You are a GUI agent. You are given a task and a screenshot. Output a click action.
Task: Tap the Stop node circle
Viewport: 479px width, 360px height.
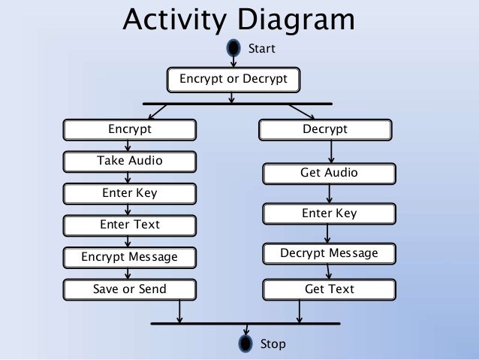(246, 344)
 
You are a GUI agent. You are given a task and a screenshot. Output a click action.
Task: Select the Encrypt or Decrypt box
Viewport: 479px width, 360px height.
(233, 78)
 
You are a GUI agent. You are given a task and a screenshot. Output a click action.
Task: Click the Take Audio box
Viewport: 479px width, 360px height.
(129, 161)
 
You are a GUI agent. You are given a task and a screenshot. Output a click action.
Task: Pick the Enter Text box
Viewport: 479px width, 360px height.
(129, 225)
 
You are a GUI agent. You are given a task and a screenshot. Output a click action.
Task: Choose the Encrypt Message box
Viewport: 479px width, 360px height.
(129, 257)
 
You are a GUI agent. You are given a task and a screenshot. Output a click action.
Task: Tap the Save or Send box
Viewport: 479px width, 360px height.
(129, 289)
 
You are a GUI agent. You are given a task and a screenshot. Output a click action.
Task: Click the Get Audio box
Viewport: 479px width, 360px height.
(329, 174)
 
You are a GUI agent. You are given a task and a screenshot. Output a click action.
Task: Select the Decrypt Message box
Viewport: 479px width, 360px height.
(329, 253)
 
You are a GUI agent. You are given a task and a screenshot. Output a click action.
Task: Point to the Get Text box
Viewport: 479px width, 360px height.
(329, 289)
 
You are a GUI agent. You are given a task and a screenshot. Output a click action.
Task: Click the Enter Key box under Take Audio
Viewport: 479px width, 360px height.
(129, 193)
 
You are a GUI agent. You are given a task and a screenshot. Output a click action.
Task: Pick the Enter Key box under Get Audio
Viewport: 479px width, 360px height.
(329, 213)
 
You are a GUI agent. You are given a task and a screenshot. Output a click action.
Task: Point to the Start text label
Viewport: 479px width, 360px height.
(262, 49)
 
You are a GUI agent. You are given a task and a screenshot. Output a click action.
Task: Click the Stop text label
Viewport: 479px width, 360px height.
(273, 344)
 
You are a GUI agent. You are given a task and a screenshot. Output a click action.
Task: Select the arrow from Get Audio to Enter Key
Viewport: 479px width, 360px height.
(330, 193)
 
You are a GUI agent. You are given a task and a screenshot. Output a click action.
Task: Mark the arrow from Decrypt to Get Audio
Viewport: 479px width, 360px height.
(330, 152)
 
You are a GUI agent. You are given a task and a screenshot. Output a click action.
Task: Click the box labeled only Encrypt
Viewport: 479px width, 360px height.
(129, 129)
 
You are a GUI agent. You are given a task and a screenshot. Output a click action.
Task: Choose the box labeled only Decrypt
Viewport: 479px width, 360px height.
(325, 129)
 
